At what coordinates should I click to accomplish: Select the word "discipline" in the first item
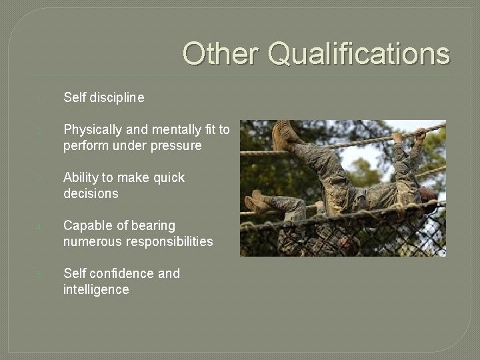[x=118, y=98]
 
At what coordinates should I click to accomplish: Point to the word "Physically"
[x=90, y=130]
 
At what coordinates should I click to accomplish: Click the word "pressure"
[x=176, y=146]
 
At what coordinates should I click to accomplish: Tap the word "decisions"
[x=91, y=194]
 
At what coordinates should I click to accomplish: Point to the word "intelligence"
[x=96, y=290]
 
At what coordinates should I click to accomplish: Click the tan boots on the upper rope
[x=285, y=135]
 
